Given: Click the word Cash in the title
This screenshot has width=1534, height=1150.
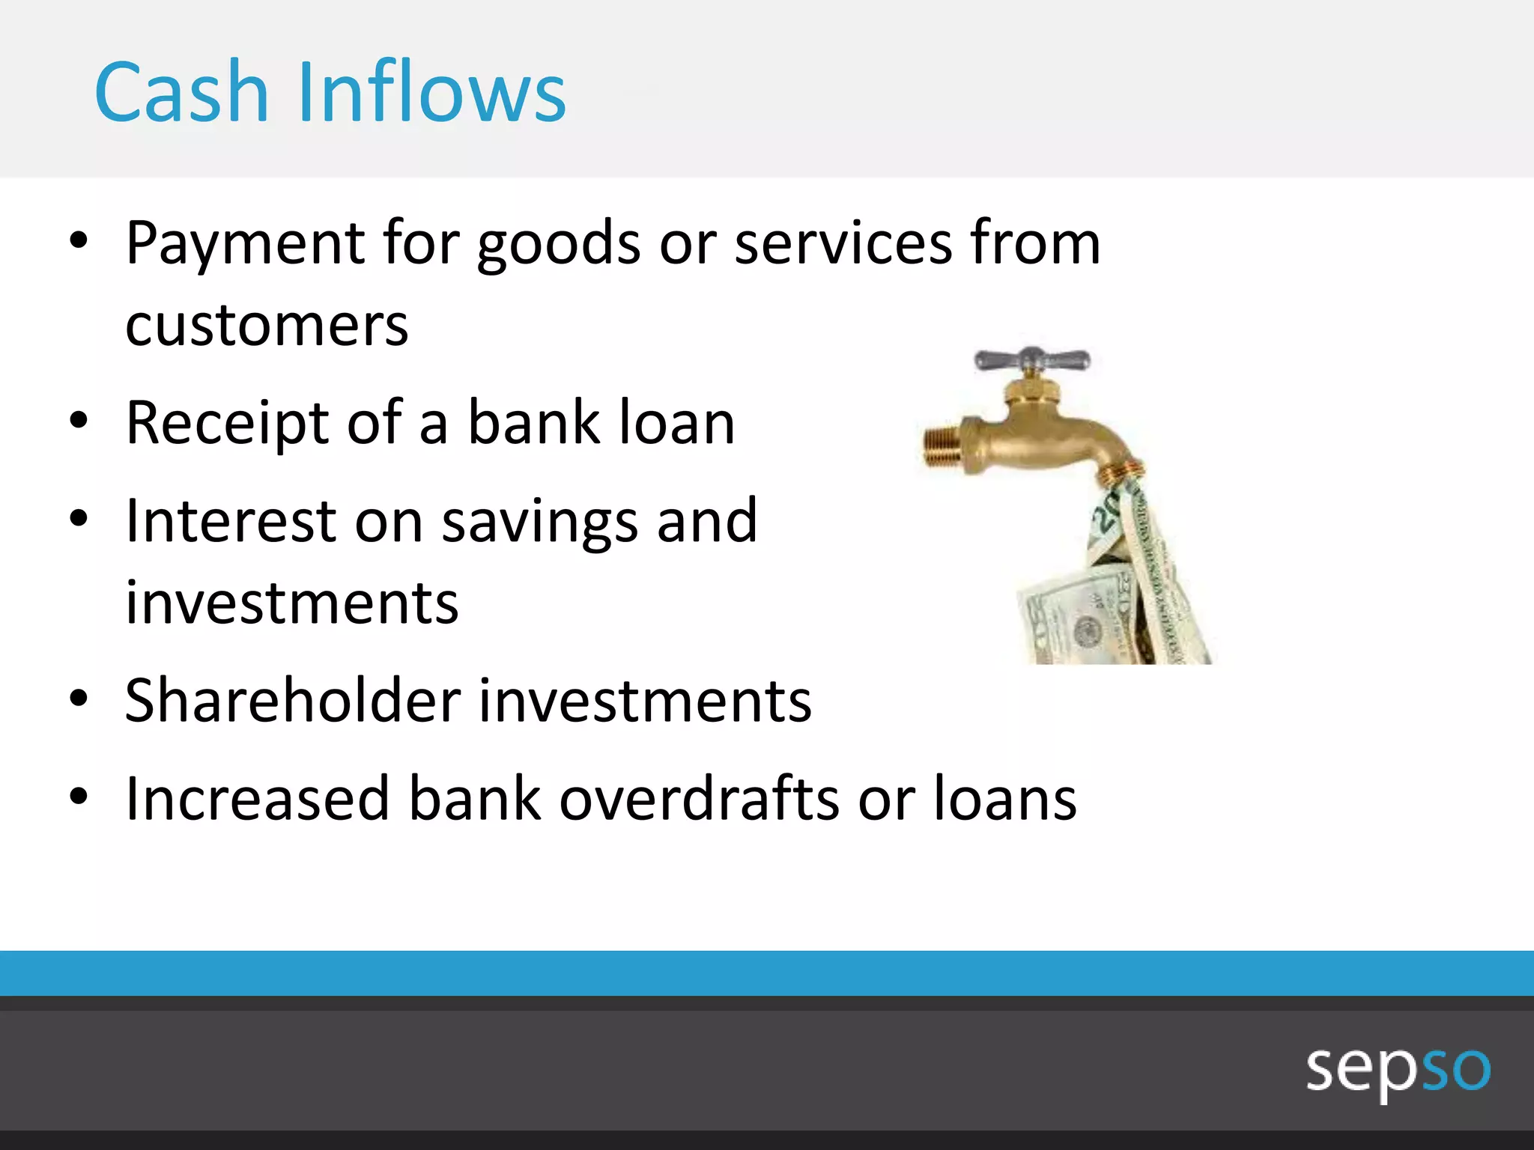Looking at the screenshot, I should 181,92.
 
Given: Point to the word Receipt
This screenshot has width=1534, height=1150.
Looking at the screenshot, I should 226,424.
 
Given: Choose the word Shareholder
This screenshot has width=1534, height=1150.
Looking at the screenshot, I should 292,701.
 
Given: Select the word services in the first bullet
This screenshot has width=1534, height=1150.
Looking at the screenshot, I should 843,243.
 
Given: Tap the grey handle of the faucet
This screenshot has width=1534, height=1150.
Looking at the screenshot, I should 1031,360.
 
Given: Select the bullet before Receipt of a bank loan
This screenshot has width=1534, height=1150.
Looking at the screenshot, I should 79,421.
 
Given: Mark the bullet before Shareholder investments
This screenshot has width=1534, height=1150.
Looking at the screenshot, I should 79,699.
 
